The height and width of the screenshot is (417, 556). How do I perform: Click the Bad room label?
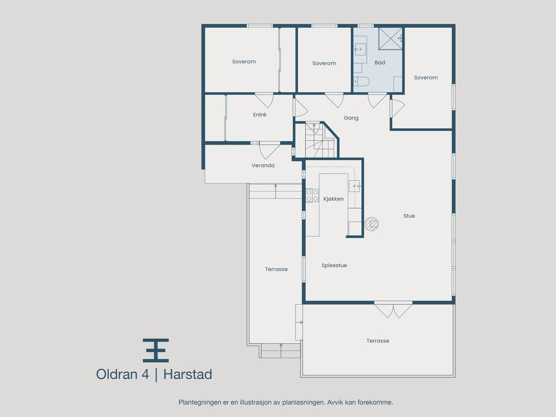(380, 63)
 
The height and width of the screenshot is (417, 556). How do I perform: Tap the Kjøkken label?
(333, 199)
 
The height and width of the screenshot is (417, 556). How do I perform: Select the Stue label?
(409, 216)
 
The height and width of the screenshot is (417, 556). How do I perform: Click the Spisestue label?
(334, 265)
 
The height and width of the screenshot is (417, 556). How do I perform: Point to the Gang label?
(351, 118)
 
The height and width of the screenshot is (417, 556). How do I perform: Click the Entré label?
(260, 115)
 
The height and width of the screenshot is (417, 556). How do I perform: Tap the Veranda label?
(263, 166)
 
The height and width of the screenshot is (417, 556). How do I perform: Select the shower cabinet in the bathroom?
(390, 38)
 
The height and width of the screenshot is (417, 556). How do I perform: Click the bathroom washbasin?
(360, 50)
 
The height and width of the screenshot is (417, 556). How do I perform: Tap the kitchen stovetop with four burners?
(312, 195)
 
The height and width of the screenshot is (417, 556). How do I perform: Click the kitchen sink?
(355, 186)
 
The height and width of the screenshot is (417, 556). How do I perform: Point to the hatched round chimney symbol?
(371, 224)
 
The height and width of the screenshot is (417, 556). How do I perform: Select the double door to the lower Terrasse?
(393, 310)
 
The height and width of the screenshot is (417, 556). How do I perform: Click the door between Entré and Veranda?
(270, 149)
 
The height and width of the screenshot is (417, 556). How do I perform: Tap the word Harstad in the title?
(188, 375)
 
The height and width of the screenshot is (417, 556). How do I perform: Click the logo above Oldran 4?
(156, 350)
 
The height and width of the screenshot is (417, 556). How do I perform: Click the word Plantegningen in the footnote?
(199, 402)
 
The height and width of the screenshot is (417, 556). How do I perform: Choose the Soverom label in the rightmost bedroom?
(426, 78)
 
